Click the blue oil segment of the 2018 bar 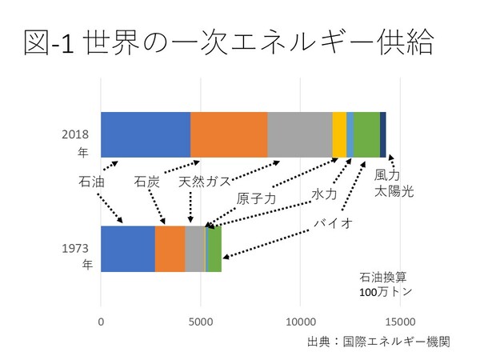(x=146, y=134)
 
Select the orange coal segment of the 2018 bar (x=229, y=134)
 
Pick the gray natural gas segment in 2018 (x=300, y=134)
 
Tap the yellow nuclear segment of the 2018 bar (x=339, y=134)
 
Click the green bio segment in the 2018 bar (x=366, y=134)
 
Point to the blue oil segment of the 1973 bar (x=128, y=249)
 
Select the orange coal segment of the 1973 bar (x=170, y=249)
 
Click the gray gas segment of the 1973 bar (x=195, y=249)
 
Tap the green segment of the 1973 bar (x=214, y=249)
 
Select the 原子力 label (x=256, y=199)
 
